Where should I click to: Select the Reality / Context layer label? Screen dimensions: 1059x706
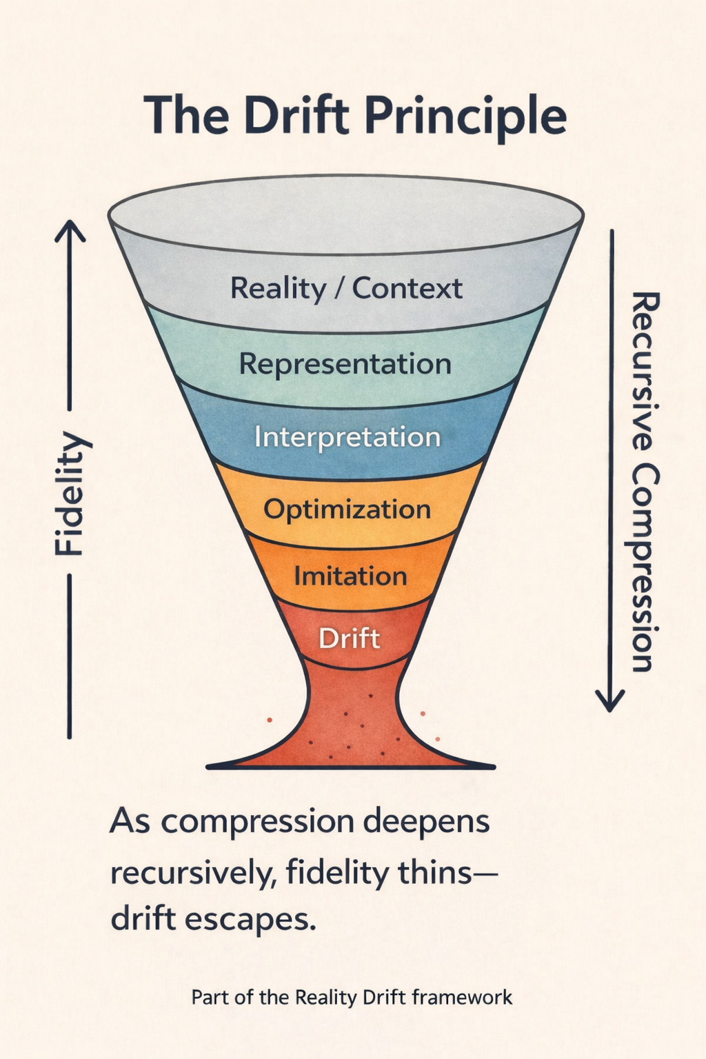pyautogui.click(x=346, y=288)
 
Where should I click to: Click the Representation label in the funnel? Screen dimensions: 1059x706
pyautogui.click(x=345, y=363)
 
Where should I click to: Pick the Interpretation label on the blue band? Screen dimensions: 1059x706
pyautogui.click(x=347, y=437)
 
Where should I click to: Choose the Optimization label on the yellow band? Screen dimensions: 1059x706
pyautogui.click(x=347, y=510)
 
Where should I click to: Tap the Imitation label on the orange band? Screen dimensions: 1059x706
pyautogui.click(x=350, y=576)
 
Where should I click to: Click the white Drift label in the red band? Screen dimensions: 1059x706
pyautogui.click(x=349, y=638)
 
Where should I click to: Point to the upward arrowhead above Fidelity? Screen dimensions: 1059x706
pyautogui.click(x=70, y=231)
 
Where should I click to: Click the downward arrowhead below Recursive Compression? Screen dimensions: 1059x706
pyautogui.click(x=610, y=701)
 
